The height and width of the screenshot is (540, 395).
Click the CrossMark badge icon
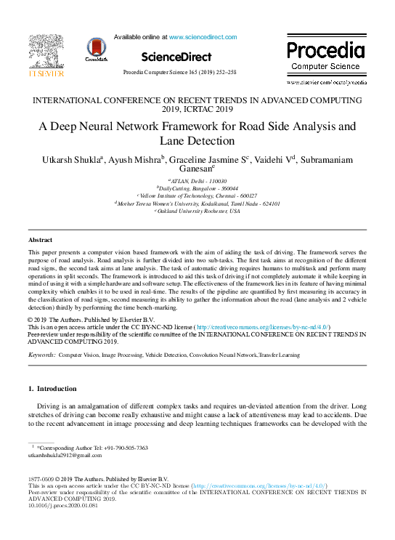96,49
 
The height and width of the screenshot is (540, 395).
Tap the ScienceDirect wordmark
176,57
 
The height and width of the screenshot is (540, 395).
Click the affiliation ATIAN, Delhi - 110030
197,180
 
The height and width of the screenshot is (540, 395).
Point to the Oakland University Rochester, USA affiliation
197,211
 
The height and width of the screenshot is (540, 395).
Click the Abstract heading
40,240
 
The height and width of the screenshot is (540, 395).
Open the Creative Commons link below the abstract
263,328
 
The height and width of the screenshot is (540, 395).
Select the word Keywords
41,354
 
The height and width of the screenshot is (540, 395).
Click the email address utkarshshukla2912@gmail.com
64,456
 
